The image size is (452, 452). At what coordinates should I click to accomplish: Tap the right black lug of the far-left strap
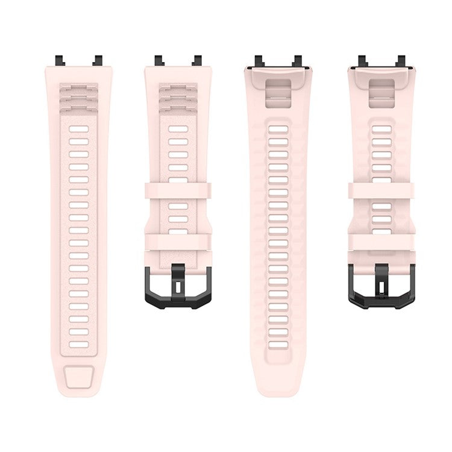point(96,60)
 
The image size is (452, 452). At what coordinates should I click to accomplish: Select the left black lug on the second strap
point(159,60)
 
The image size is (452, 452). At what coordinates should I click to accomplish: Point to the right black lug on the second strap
point(195,60)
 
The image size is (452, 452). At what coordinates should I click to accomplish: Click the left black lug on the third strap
point(259,61)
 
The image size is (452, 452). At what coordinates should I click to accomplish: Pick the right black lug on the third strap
point(296,61)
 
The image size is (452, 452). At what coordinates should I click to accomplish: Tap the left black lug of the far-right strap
point(362,61)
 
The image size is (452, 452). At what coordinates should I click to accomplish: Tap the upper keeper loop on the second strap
point(178,192)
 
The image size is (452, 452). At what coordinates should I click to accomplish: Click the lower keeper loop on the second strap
point(178,243)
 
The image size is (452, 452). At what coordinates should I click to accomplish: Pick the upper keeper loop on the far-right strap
point(381,192)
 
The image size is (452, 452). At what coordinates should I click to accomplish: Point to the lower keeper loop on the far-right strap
point(381,243)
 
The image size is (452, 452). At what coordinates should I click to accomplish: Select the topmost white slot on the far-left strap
point(79,129)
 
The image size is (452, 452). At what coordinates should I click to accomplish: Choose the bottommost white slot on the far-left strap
point(79,345)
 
